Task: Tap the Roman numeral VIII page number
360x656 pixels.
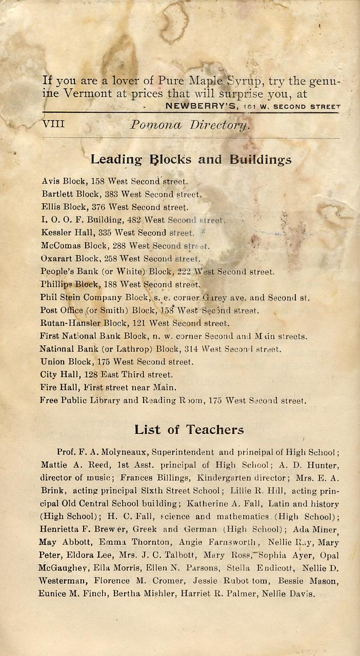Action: tap(53, 124)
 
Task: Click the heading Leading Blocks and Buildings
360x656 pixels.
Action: tap(191, 160)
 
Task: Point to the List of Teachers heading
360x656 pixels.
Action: tap(189, 429)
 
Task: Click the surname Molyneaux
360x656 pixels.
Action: tap(119, 453)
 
